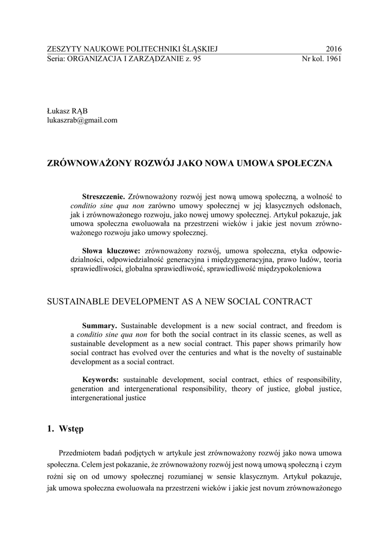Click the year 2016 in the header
tap(334, 49)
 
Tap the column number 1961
tap(332, 59)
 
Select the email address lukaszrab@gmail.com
tap(82, 120)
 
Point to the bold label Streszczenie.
tap(103, 197)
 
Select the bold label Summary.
tap(99, 325)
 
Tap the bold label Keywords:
tap(101, 379)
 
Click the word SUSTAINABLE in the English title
tap(76, 301)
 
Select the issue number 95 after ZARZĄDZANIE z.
tap(196, 59)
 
